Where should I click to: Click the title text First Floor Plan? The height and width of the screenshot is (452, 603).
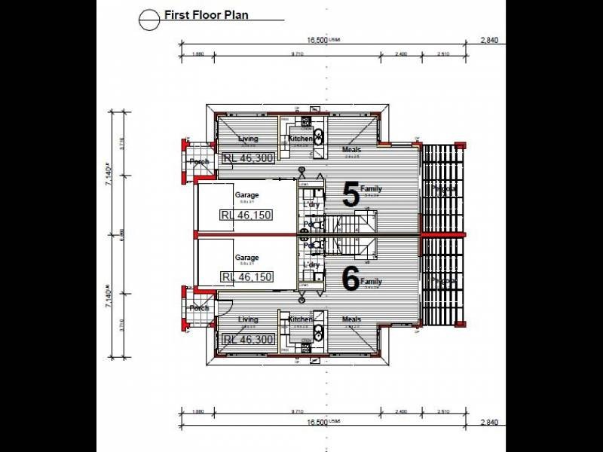pos(206,14)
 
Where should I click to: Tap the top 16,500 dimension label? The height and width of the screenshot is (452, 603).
pos(317,41)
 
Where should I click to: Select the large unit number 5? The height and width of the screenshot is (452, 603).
pos(351,195)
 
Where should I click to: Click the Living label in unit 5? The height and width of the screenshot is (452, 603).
pos(248,139)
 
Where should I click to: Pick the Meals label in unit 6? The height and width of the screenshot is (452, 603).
pos(351,319)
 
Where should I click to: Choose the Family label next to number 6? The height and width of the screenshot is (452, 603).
pos(372,282)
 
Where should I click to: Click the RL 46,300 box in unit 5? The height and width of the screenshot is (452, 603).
pos(248,158)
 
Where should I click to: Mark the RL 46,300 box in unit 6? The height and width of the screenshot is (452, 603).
pos(248,340)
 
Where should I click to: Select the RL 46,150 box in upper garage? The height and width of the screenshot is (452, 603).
pos(246,215)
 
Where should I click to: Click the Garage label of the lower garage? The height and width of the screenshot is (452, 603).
pos(246,258)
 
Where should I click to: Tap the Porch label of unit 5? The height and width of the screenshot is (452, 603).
pos(199,162)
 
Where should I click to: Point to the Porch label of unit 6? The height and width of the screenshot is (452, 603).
pos(199,308)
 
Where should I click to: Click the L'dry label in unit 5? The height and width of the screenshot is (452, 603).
pos(311,206)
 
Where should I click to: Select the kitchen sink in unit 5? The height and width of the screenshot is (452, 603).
pos(318,136)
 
